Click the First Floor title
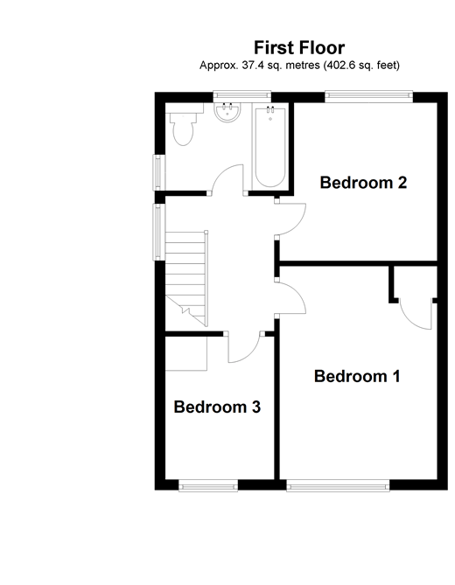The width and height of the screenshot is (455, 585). click(299, 48)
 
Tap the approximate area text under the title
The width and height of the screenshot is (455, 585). click(299, 66)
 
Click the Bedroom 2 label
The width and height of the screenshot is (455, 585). click(363, 183)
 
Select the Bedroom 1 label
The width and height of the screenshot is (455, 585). click(357, 377)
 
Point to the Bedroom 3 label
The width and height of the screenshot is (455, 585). click(217, 407)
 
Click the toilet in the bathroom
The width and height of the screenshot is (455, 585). click(183, 129)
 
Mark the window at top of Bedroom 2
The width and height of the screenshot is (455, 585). click(368, 95)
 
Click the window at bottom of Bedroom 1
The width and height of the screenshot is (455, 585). click(339, 485)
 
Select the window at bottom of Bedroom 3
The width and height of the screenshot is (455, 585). click(208, 485)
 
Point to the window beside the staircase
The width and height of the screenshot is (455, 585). click(158, 232)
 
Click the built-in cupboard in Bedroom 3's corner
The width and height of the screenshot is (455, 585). click(185, 353)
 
